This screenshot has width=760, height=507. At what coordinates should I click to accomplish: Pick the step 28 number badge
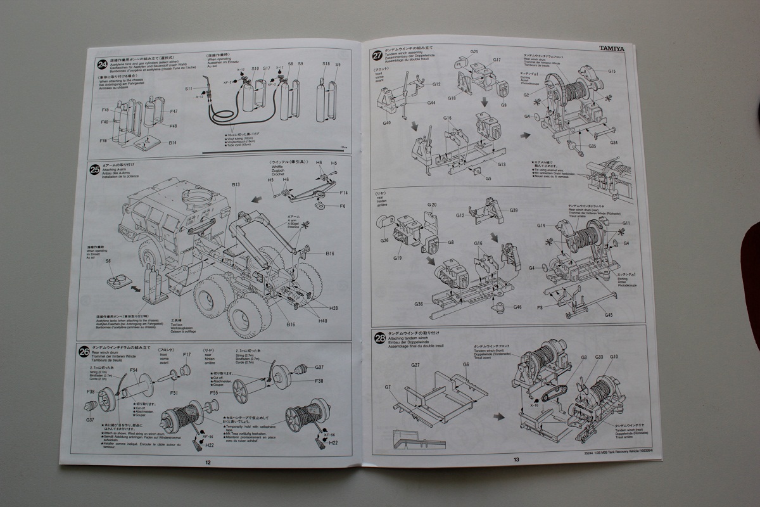379,338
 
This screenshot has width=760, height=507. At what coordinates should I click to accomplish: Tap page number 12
208,461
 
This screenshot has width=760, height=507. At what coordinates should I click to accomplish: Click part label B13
236,184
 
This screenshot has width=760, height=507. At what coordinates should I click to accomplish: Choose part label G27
415,365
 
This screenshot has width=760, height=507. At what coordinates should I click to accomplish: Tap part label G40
386,122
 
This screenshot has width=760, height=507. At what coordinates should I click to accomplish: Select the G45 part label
608,314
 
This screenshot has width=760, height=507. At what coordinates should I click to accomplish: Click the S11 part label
189,89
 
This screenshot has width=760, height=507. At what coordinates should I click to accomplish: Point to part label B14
173,143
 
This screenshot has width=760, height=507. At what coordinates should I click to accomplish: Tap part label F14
343,192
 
